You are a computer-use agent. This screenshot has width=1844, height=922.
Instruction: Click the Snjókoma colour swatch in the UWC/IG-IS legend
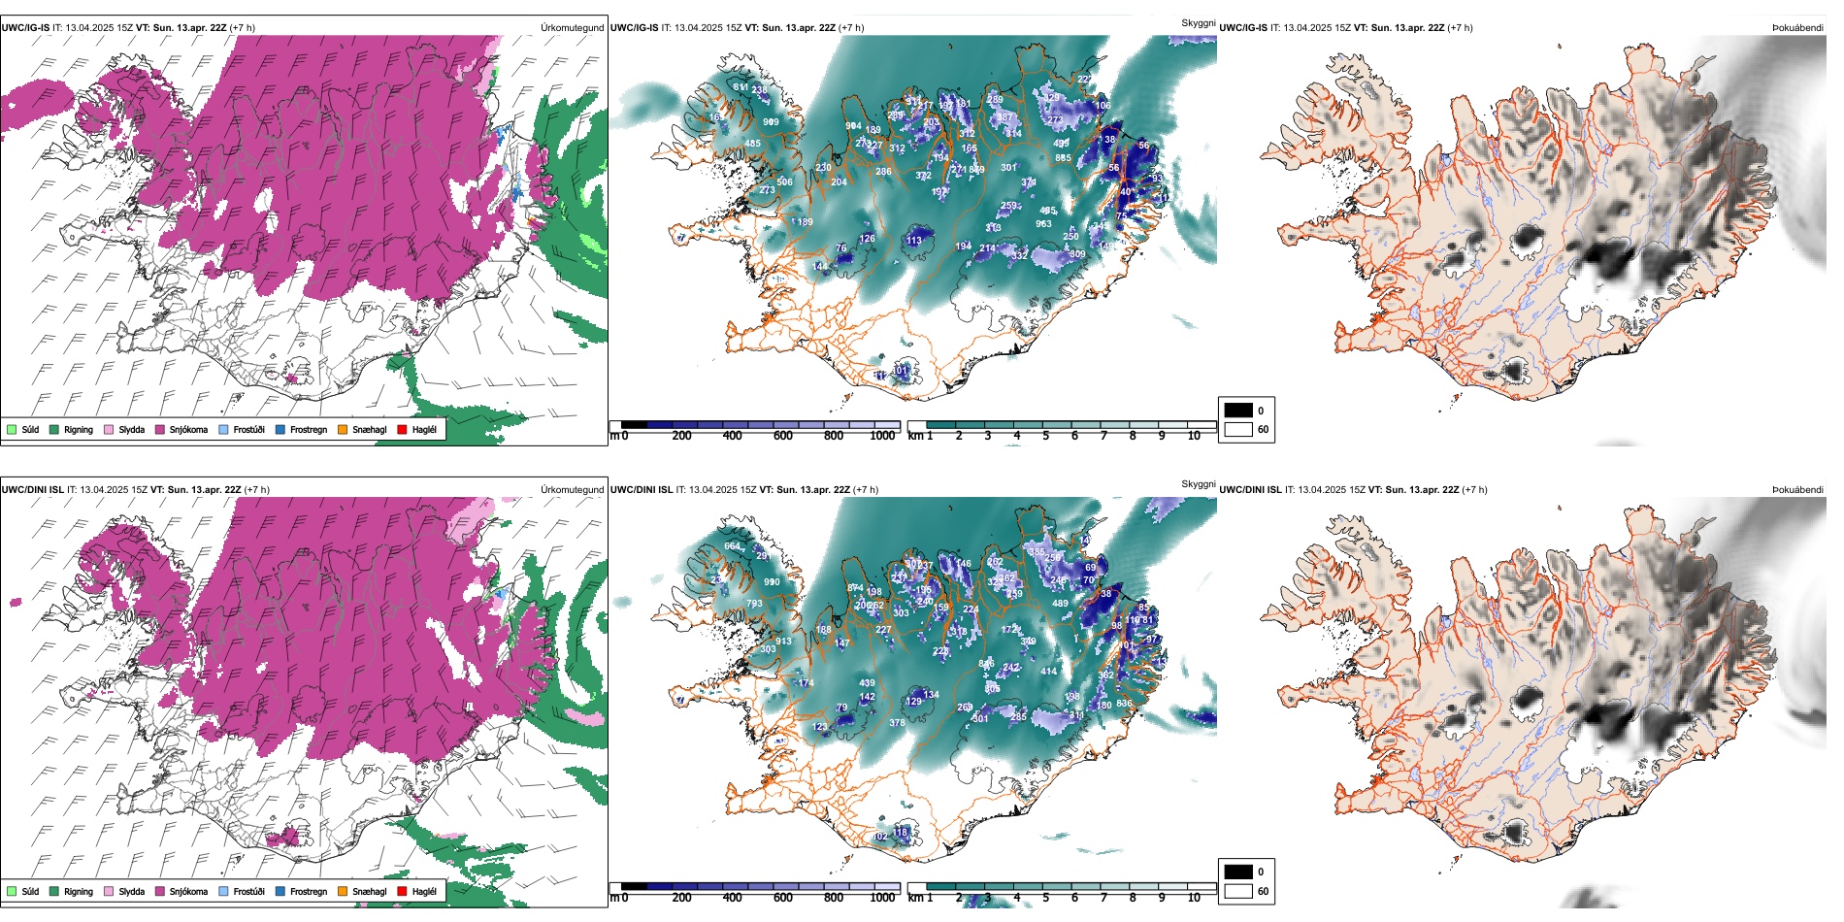(160, 429)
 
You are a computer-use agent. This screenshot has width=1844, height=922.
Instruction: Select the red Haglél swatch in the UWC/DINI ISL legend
(402, 891)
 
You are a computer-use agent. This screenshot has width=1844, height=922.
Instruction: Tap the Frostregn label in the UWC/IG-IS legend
(308, 429)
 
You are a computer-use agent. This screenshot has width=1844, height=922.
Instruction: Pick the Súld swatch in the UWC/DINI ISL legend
(12, 891)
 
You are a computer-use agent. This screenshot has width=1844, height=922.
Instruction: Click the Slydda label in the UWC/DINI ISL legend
(131, 891)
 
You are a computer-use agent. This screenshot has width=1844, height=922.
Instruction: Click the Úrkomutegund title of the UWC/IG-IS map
(572, 27)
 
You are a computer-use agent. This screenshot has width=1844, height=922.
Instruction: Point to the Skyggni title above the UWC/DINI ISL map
(1198, 483)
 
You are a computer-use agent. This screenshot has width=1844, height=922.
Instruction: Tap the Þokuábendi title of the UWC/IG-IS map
(1796, 27)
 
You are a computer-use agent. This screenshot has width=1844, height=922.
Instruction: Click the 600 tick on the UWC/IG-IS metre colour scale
(782, 436)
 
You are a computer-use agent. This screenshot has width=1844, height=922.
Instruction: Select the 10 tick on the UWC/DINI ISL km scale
(1194, 898)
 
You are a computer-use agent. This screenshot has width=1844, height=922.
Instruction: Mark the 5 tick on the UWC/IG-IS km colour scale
(1045, 436)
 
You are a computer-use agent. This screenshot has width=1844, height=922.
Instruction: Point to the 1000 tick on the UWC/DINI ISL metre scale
(882, 898)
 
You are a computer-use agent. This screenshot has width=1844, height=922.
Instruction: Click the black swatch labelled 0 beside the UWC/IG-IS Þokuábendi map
(1238, 411)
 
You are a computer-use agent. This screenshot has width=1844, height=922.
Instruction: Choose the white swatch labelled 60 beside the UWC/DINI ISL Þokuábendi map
(1238, 891)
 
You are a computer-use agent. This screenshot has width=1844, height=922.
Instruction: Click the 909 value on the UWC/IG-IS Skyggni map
(771, 122)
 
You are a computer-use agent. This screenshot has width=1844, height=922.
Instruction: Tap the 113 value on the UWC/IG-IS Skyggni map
(914, 241)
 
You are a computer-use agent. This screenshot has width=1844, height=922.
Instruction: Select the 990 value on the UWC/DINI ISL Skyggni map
(772, 582)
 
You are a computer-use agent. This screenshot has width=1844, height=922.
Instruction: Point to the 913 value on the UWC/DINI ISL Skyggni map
(784, 642)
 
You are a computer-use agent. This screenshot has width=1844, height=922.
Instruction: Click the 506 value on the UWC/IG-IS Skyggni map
(784, 181)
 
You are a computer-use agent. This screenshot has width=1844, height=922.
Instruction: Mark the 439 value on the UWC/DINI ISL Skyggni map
(867, 683)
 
